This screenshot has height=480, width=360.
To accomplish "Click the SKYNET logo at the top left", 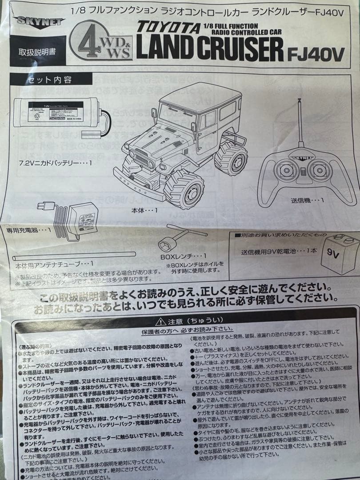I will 39,22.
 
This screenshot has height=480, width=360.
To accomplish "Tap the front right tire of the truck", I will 184,190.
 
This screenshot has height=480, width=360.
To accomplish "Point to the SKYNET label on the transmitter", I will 303,156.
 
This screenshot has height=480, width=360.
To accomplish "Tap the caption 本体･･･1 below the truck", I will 145,209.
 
